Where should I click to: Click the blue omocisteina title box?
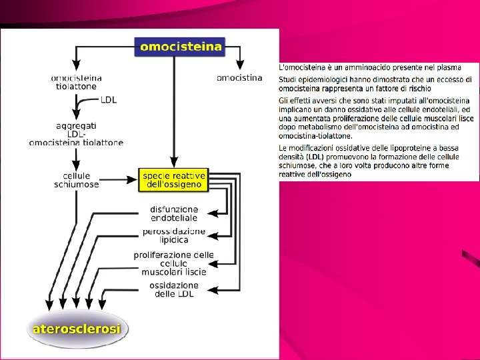(180, 46)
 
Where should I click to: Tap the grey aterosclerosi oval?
(77, 329)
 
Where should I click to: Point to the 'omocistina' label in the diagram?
(239, 78)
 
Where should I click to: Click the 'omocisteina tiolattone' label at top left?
(77, 82)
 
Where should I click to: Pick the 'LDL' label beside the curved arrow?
(109, 100)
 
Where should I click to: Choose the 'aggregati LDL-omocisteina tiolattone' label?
(77, 133)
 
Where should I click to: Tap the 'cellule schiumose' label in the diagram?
(77, 180)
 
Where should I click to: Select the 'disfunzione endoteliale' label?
(174, 213)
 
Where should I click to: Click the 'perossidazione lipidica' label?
(174, 235)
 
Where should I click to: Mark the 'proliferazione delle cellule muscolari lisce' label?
(174, 263)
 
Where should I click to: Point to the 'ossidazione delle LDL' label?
(174, 290)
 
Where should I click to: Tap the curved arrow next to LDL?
(83, 105)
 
